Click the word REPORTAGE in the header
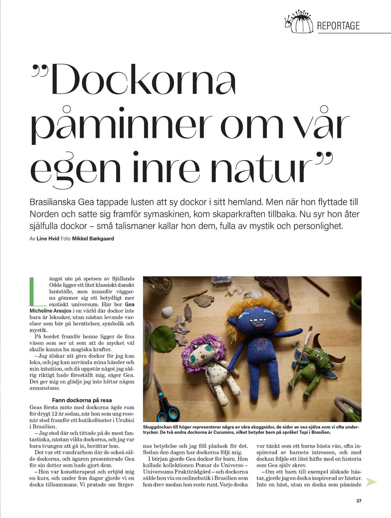point(338,26)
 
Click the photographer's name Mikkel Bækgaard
point(93,238)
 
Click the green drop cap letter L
point(38,291)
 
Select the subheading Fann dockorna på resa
point(82,400)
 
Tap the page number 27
point(359,501)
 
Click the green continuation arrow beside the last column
point(371,482)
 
